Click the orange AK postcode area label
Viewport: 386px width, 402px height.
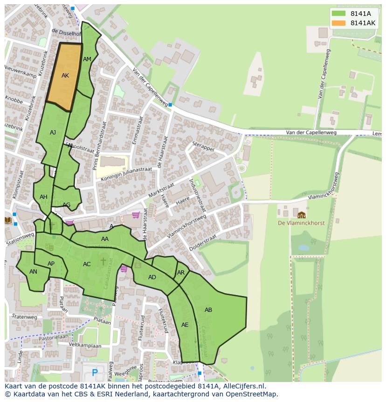65,76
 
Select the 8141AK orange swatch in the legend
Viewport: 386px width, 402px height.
339,23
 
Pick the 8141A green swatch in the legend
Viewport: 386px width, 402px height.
339,14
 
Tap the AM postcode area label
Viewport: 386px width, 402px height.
87,59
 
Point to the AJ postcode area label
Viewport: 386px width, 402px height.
53,133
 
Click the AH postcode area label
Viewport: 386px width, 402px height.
43,197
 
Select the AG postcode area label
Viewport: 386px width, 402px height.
67,205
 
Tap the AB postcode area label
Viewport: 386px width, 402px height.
208,310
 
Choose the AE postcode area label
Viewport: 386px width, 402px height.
185,325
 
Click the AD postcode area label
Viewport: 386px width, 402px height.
152,277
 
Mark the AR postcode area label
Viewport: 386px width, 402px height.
181,273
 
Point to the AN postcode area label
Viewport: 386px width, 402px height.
33,272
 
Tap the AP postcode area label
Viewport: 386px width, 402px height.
51,264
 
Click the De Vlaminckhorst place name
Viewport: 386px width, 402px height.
301,223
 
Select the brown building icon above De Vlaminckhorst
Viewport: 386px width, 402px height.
302,215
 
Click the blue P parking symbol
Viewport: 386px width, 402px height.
95,373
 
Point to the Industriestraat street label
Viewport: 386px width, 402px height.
198,194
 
